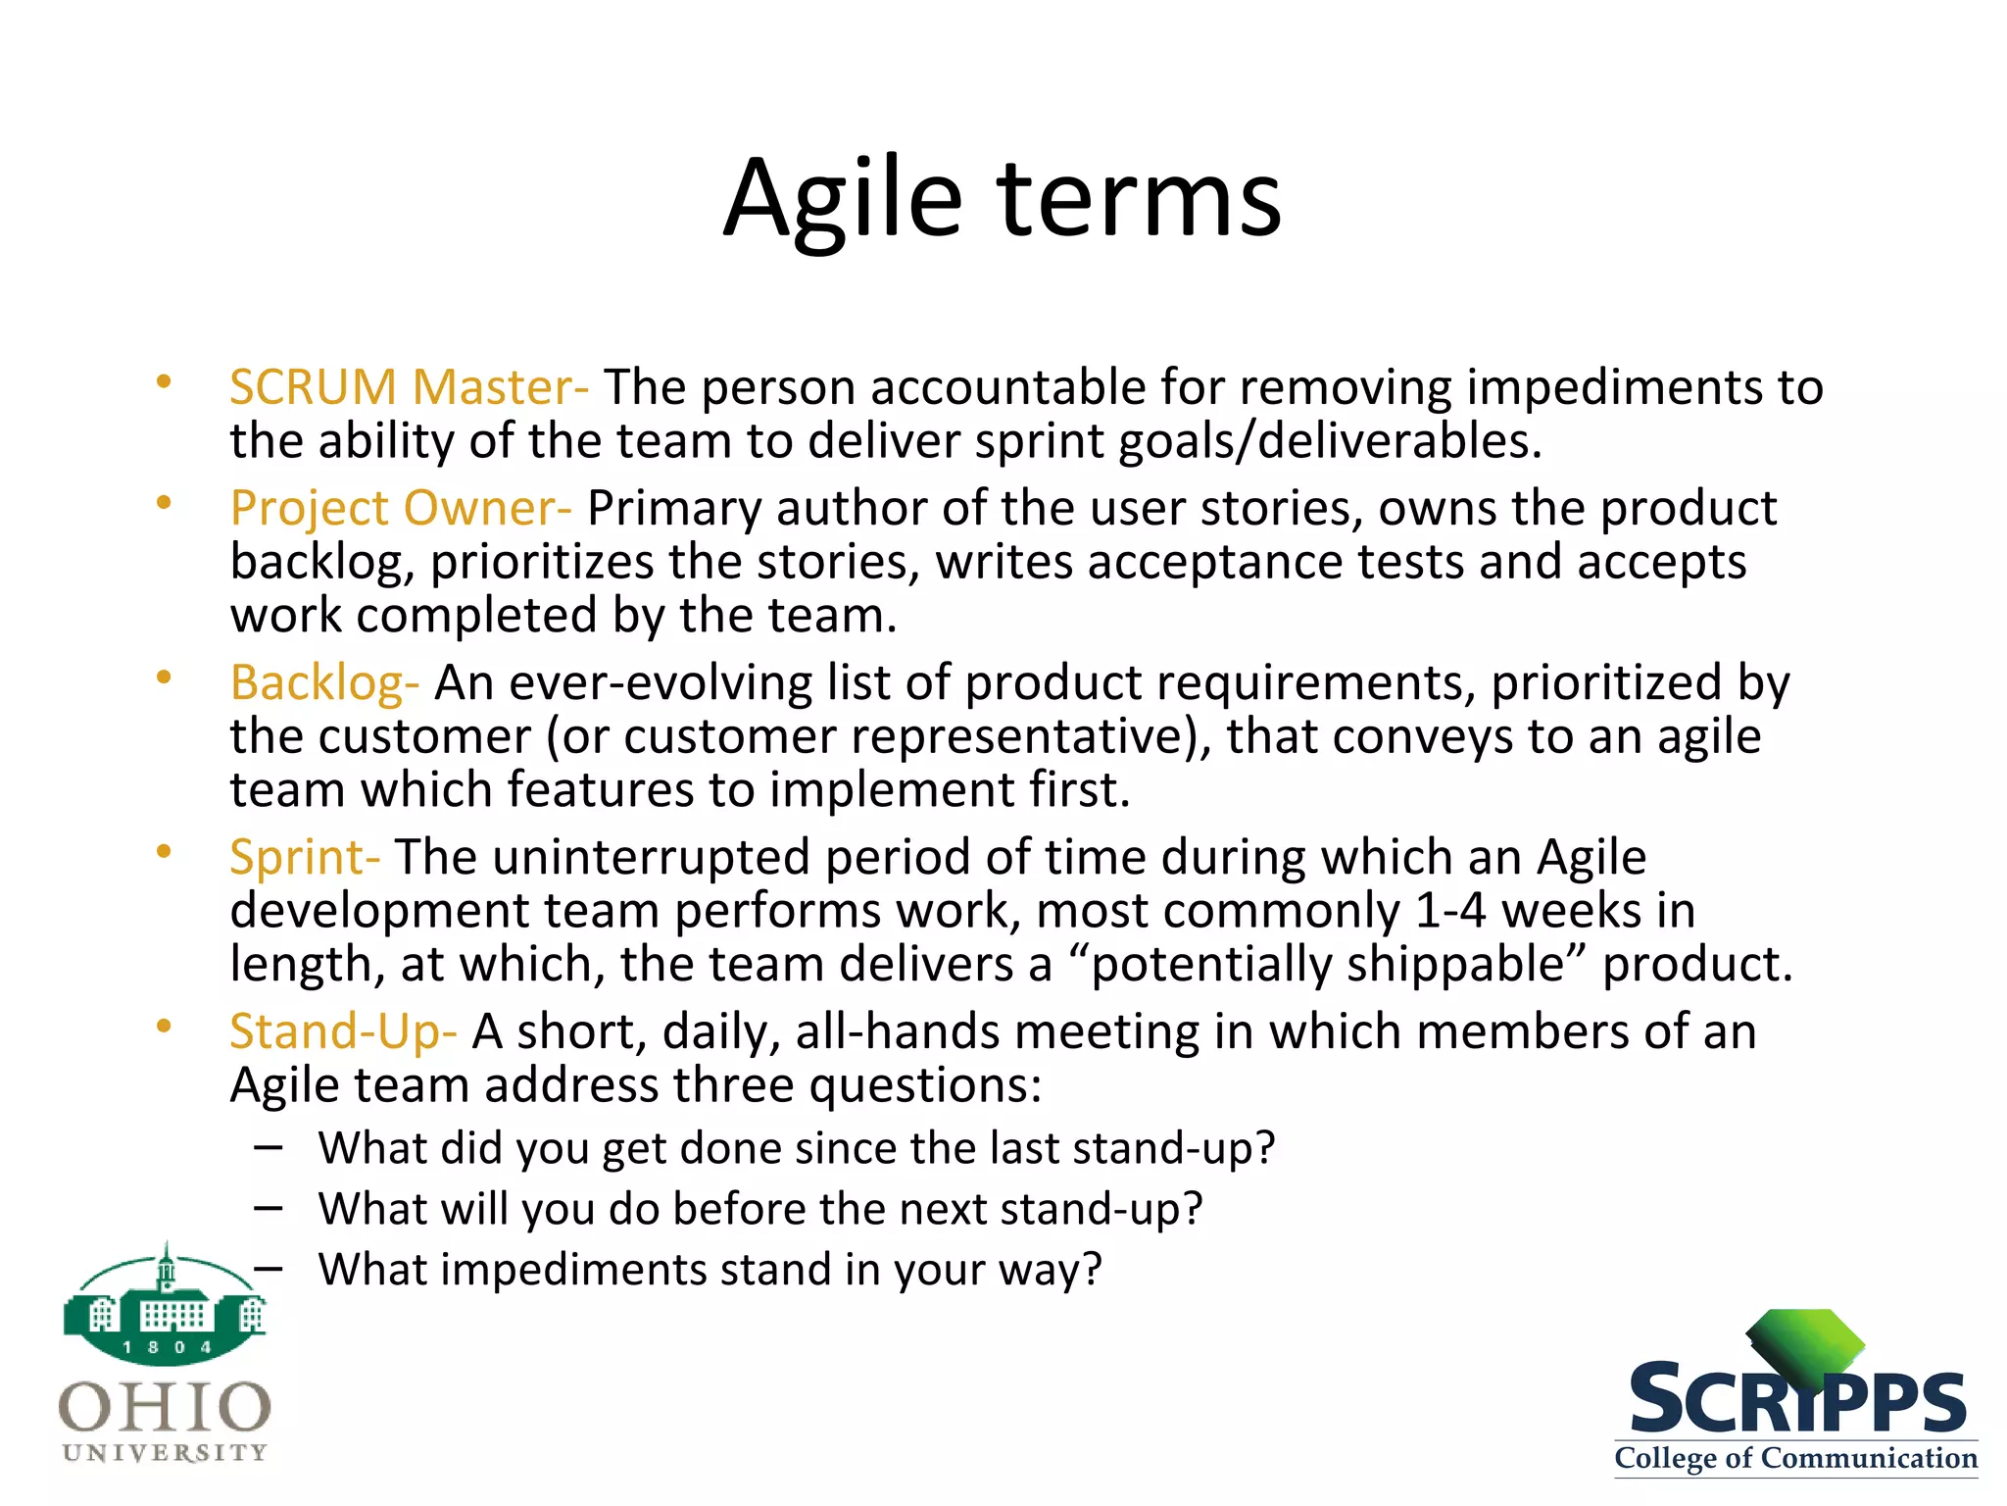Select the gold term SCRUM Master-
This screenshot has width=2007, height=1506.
click(409, 387)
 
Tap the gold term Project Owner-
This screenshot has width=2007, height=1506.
click(400, 508)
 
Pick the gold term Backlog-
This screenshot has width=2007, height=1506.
click(324, 682)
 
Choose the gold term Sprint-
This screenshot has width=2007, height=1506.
click(304, 857)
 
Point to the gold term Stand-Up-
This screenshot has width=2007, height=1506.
click(343, 1031)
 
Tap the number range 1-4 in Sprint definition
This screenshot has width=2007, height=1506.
click(1450, 911)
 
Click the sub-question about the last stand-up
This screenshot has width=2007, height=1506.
click(796, 1148)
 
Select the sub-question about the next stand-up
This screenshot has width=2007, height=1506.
click(759, 1209)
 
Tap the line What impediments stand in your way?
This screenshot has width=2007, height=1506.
click(710, 1270)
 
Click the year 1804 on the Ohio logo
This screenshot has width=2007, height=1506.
click(167, 1347)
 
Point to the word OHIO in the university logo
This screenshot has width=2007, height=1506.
click(165, 1408)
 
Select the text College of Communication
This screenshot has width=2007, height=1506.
click(1795, 1458)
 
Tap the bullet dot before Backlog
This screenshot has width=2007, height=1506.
click(164, 677)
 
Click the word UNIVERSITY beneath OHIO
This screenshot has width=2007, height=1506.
click(165, 1453)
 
